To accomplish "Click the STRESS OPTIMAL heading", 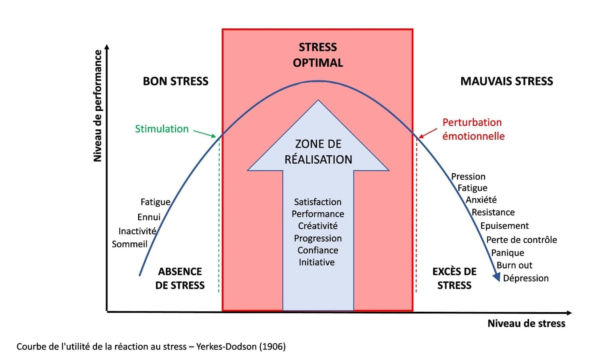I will coord(318,55).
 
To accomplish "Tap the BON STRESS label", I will coord(175,81).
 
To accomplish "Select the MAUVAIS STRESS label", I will coord(506,81).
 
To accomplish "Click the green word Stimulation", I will coord(162,129).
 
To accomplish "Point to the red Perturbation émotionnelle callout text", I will coord(473,129).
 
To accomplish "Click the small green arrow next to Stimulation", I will coord(204,133).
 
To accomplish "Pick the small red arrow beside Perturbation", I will coord(427,133).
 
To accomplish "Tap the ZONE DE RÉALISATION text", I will coord(318,152).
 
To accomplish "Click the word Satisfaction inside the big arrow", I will coord(317,202).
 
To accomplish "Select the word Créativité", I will coord(317,226).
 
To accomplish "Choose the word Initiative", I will coord(317,262).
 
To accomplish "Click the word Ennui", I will coord(149,217).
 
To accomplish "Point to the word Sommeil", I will coord(129,244).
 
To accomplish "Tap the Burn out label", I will coord(514,265).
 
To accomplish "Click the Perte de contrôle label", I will coord(522,240).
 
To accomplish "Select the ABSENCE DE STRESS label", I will coord(180,278).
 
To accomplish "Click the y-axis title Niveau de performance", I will coord(97,106).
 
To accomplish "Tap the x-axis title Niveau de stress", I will coord(526,323).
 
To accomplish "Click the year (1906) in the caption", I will coord(272,346).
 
